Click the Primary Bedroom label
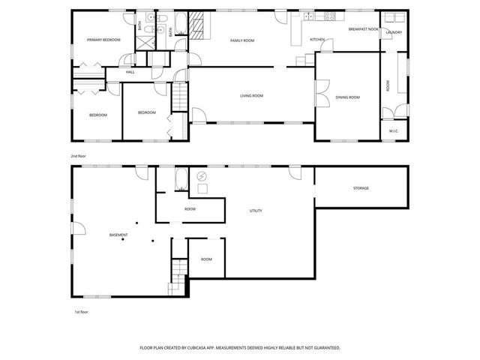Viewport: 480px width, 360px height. [x=103, y=40]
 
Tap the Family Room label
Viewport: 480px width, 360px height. [x=242, y=40]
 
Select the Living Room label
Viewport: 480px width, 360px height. [x=251, y=96]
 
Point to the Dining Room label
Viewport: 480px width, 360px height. [x=348, y=97]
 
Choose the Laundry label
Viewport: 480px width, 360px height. [x=394, y=33]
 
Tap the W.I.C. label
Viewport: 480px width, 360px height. [x=394, y=131]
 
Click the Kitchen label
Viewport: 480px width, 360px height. [x=317, y=40]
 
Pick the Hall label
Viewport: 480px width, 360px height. [x=130, y=72]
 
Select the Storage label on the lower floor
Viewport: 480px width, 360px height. [x=361, y=188]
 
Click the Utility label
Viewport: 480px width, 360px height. [x=256, y=211]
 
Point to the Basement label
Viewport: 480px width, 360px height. [x=118, y=235]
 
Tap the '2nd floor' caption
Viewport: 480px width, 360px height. [x=79, y=156]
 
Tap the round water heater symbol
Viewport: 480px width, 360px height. [x=202, y=176]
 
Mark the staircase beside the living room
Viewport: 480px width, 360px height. [x=180, y=97]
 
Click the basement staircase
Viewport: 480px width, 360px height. [x=178, y=276]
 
